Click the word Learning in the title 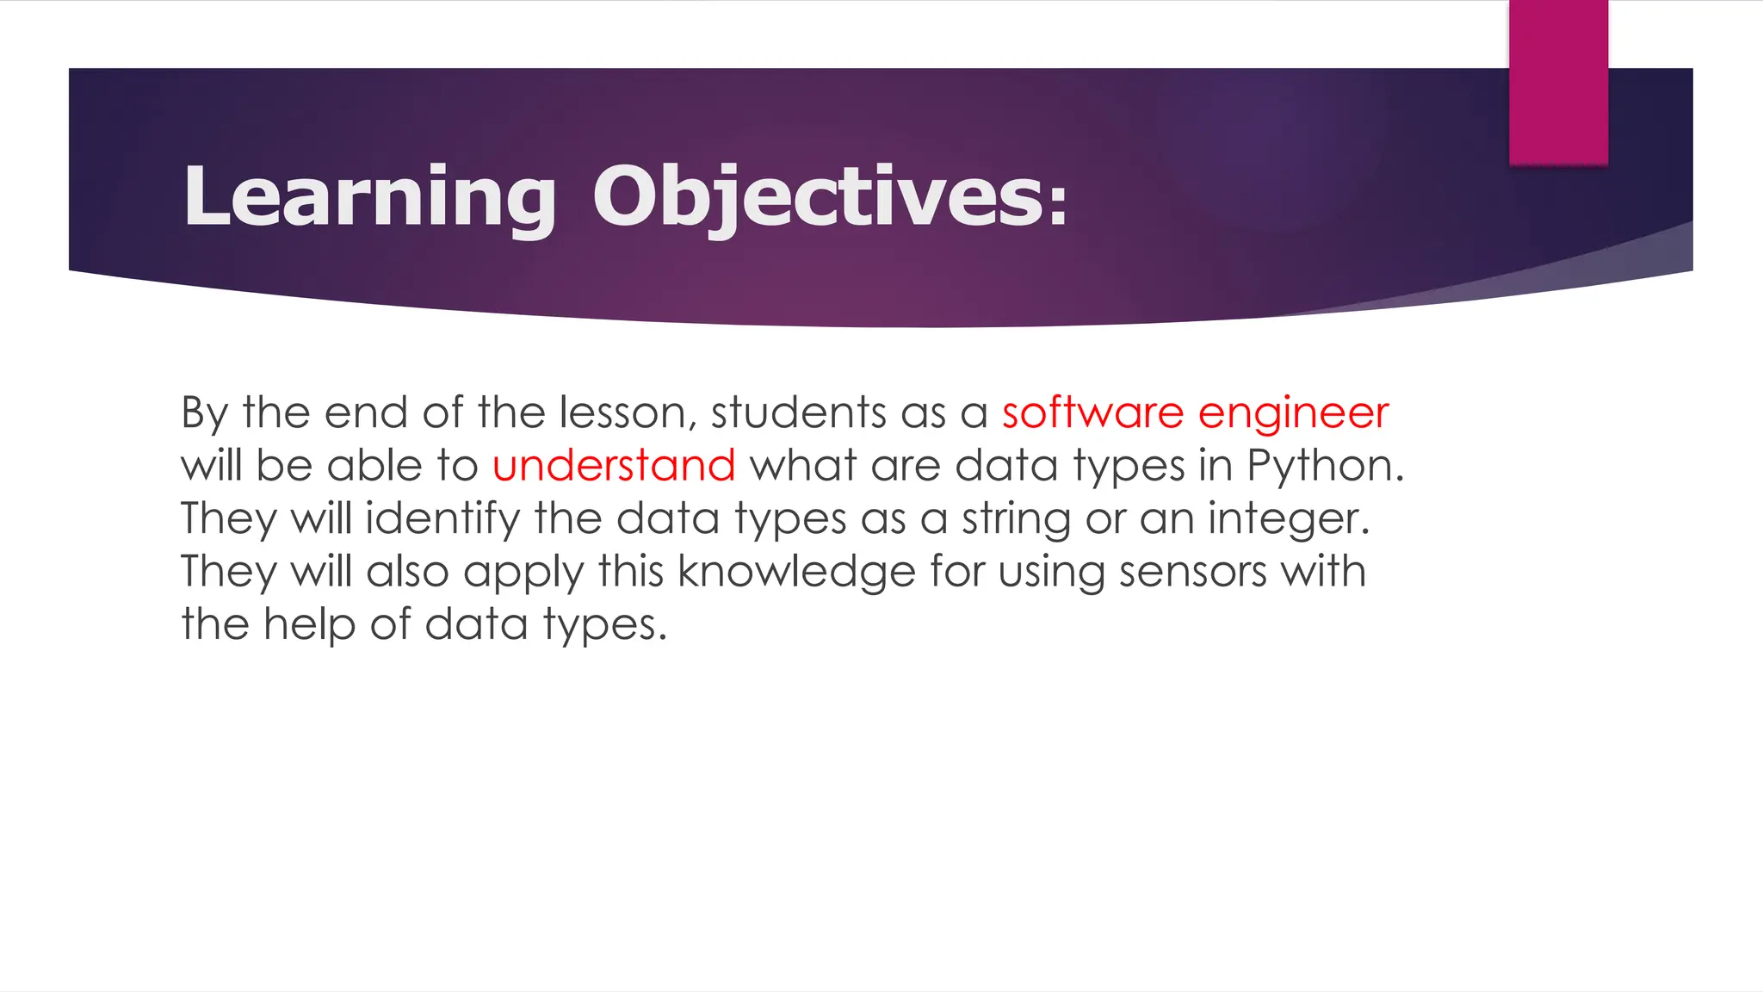(369, 197)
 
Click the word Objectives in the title (818, 197)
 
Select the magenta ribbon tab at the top (1558, 82)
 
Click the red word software (1092, 412)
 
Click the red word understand (614, 466)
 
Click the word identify (442, 519)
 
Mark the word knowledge (796, 573)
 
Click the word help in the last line (309, 625)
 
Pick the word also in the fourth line (407, 572)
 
